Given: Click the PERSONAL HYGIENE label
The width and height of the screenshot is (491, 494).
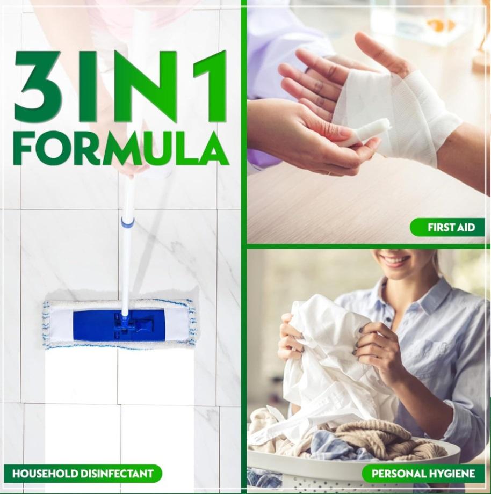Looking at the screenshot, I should point(423,474).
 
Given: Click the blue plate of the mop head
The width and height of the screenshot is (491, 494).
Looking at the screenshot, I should point(120,325).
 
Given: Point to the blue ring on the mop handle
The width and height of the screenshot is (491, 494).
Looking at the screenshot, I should point(127,222).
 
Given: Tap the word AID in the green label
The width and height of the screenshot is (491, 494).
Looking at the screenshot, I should point(465,227).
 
